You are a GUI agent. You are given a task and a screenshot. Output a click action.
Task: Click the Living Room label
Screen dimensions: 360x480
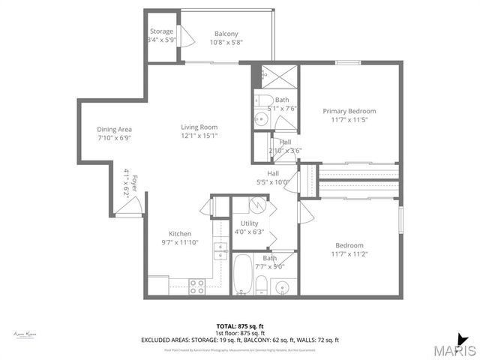(x=199, y=127)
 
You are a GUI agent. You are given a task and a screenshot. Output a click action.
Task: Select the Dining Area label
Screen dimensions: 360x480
(x=114, y=129)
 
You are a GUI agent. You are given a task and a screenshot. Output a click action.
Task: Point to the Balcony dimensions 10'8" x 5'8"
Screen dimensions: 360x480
(x=226, y=42)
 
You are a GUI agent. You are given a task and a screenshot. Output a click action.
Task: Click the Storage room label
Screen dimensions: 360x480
(x=160, y=31)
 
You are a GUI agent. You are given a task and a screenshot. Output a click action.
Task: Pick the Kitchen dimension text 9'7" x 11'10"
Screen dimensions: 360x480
(x=179, y=242)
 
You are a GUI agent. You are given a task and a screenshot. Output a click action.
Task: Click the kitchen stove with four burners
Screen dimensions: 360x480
(x=197, y=285)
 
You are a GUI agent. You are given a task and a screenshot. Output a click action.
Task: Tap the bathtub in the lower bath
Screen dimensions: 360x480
(x=242, y=276)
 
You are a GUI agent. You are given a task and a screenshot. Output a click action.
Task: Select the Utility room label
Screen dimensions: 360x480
(x=250, y=223)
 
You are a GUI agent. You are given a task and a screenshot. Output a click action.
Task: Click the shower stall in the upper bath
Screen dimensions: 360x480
(x=274, y=76)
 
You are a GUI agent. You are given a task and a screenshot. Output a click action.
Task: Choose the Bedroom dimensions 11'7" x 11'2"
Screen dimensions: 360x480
(x=349, y=254)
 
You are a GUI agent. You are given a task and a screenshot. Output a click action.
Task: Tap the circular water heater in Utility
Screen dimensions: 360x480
(x=256, y=205)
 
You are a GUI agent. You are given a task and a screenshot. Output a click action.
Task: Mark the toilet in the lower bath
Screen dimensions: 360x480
(x=259, y=284)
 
